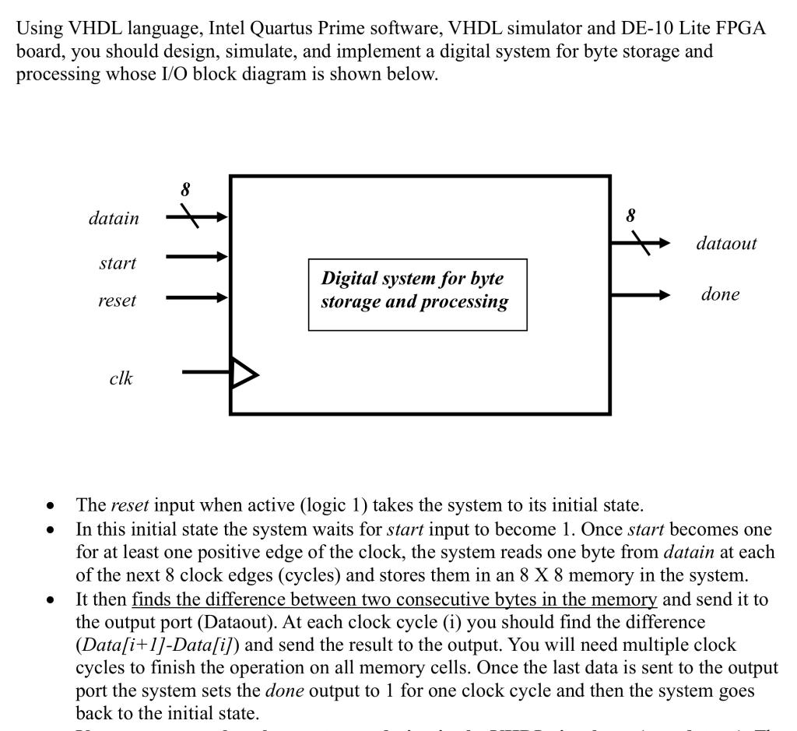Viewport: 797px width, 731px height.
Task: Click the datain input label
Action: click(114, 219)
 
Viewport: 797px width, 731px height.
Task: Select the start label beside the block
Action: click(118, 263)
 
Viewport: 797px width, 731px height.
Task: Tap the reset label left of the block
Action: click(117, 300)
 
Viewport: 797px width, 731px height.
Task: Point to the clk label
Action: click(121, 378)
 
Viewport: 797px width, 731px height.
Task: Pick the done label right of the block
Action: click(720, 294)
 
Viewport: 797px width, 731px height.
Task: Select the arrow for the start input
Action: click(198, 255)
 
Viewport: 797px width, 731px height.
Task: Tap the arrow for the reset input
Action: click(198, 297)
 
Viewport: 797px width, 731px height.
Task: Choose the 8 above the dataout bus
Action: click(631, 214)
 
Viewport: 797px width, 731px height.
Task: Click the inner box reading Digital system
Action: click(417, 293)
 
